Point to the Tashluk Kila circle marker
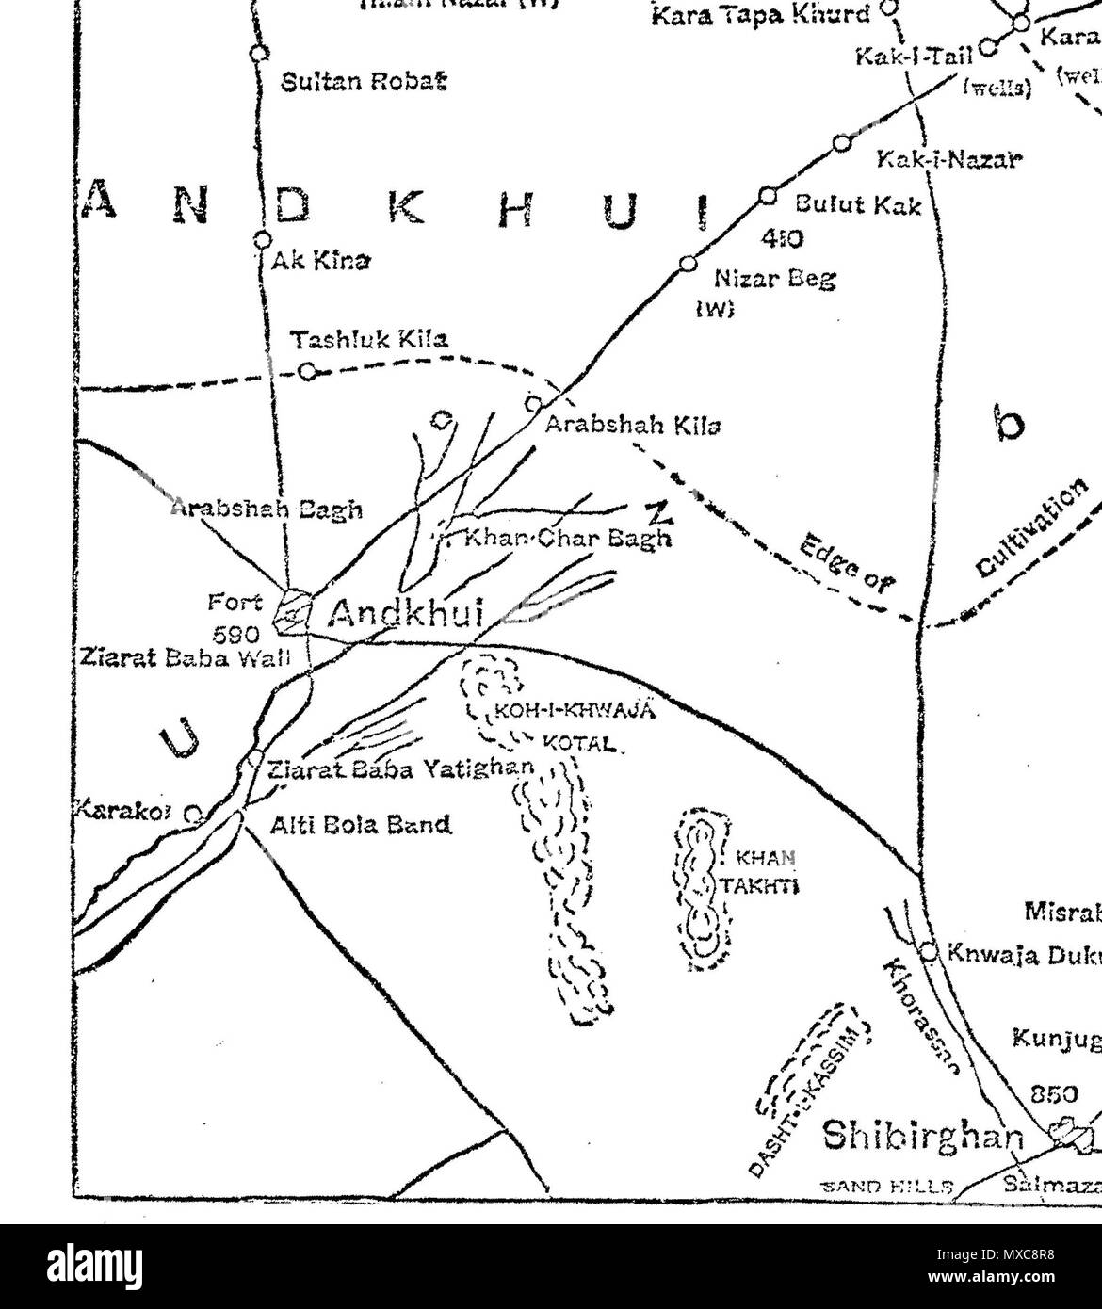[306, 370]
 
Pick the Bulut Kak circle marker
[768, 196]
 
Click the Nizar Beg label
[762, 279]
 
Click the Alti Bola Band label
[361, 826]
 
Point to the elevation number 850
[1055, 1094]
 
